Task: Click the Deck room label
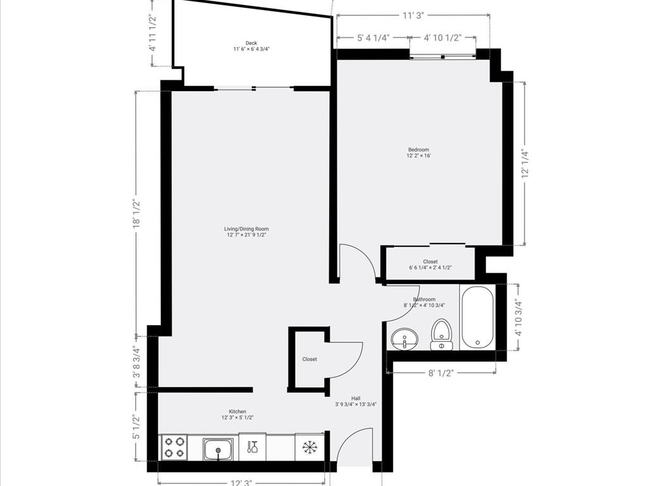click(251, 44)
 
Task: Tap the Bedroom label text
click(418, 150)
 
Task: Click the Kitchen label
click(234, 411)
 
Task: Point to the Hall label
click(356, 399)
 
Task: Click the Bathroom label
click(424, 299)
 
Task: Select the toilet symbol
click(442, 334)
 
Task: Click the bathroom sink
click(404, 340)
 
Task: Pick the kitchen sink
click(218, 449)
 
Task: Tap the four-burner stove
click(173, 447)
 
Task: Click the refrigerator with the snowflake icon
click(309, 447)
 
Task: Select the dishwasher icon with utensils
click(252, 447)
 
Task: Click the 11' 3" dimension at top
click(413, 16)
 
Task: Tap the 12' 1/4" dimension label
click(525, 164)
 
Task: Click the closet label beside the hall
click(309, 359)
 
